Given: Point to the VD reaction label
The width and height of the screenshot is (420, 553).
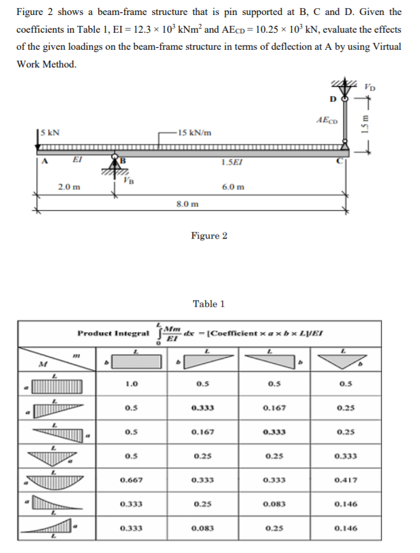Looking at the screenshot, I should pyautogui.click(x=369, y=89).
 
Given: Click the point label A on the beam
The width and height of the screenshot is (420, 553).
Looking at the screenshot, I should pyautogui.click(x=43, y=162).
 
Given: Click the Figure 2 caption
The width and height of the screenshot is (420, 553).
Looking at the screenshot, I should pyautogui.click(x=209, y=236).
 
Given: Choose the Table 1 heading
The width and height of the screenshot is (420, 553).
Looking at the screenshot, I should pyautogui.click(x=209, y=304).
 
